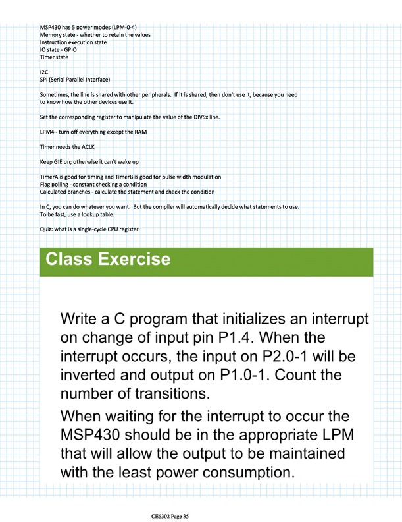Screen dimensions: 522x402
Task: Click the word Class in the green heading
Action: tap(72, 259)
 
